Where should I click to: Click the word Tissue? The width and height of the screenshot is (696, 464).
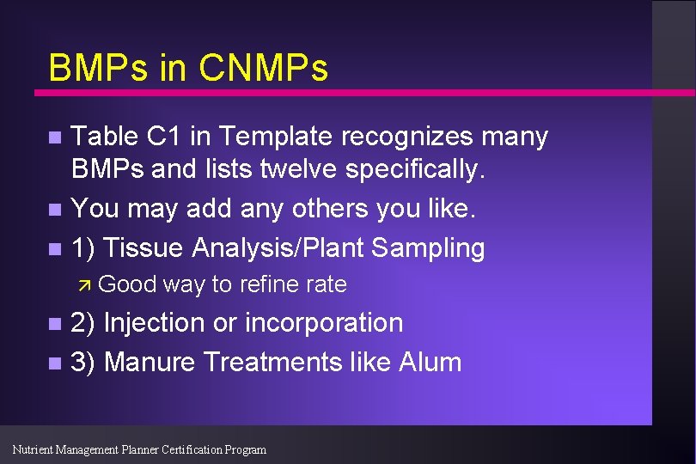[144, 248]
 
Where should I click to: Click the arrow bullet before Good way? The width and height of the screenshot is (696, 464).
[85, 284]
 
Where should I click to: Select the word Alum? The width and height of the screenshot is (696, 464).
[430, 362]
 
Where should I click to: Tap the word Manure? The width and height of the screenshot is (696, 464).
[150, 362]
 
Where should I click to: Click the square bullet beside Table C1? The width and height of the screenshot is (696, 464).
[55, 137]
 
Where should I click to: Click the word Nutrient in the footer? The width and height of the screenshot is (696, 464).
[34, 449]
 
